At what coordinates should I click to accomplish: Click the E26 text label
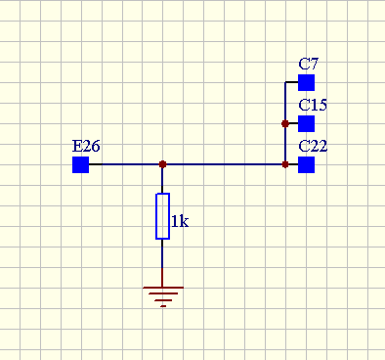tap(86, 146)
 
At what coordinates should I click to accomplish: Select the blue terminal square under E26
tap(80, 164)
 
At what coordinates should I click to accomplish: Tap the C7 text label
tap(308, 64)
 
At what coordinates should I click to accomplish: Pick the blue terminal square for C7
tap(306, 82)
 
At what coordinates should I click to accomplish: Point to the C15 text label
tap(313, 105)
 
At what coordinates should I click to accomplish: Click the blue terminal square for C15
tap(306, 123)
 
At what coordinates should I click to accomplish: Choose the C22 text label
tap(313, 146)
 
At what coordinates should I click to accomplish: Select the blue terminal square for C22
tap(306, 164)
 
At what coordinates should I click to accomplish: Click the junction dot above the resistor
tap(162, 164)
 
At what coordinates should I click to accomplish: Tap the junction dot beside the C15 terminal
tap(285, 123)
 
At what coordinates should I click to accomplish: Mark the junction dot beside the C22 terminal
tap(285, 164)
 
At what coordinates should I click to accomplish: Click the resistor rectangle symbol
tap(162, 216)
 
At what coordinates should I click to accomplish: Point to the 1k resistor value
tap(180, 221)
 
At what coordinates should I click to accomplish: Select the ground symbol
tap(163, 296)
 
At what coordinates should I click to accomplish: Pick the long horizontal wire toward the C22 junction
tap(224, 164)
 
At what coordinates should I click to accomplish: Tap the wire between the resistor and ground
tap(162, 263)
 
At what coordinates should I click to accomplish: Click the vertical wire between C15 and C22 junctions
tap(285, 144)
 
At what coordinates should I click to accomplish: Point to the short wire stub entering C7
tap(291, 82)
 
